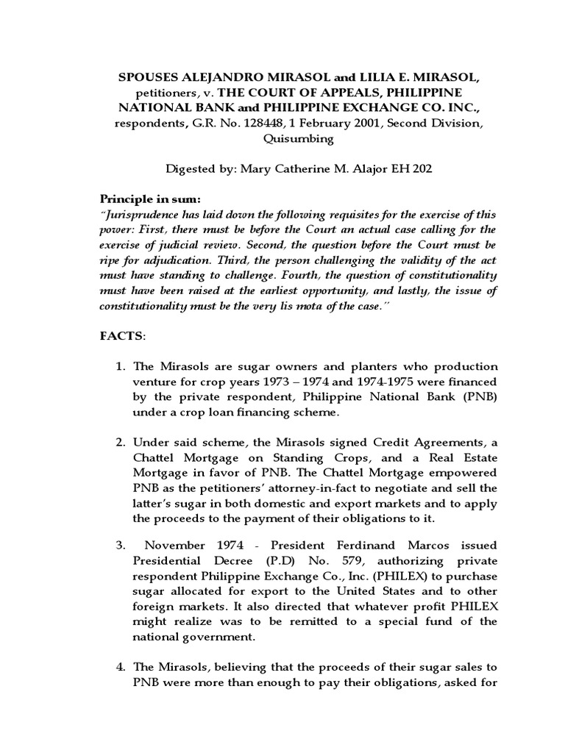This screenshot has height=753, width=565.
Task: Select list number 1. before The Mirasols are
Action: pyautogui.click(x=123, y=366)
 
